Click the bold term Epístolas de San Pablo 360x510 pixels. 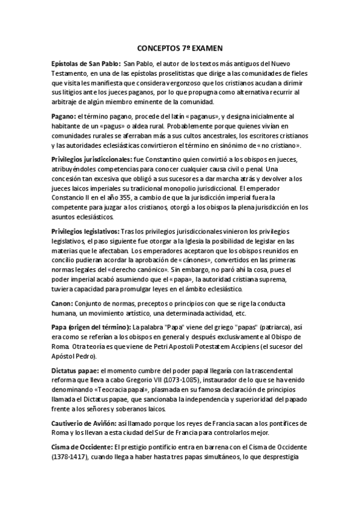tap(85, 63)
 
